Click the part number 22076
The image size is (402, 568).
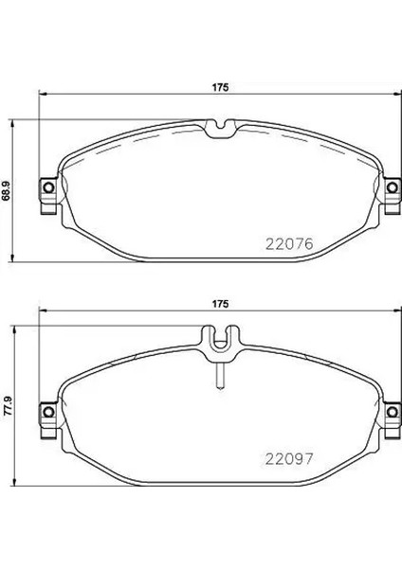point(289,244)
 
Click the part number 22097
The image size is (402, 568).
point(289,459)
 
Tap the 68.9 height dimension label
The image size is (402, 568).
point(7,191)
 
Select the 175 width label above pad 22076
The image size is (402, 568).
point(221,87)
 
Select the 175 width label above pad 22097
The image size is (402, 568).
point(221,304)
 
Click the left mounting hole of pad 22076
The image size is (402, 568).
point(48,187)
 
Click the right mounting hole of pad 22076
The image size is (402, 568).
point(392,187)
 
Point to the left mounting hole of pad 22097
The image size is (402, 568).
point(48,412)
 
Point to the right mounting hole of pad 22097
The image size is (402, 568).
point(392,412)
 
